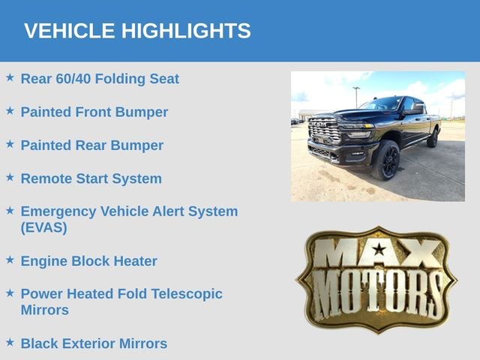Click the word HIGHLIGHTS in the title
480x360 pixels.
pos(186,31)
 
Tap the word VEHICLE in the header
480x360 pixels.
pos(70,31)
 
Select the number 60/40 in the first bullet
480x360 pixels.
pos(73,79)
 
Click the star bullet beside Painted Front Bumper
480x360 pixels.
pos(10,110)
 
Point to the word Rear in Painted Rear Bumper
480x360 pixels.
pos(91,145)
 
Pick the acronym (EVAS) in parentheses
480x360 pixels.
pos(43,227)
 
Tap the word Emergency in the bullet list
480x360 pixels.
pos(58,211)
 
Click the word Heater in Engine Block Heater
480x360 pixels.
pos(135,261)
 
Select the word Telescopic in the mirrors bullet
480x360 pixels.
pos(187,294)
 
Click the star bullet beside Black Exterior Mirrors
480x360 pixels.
pos(10,342)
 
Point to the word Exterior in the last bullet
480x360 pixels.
pos(90,343)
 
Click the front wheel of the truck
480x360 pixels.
pos(386,160)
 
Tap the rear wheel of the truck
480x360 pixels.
pos(433,138)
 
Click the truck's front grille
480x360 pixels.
pos(325,130)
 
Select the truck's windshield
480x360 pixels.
pos(381,103)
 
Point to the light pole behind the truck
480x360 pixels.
pos(356,97)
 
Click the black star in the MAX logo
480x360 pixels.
pos(379,250)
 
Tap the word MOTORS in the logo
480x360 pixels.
pos(377,293)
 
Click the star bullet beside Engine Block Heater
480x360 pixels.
pos(10,259)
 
